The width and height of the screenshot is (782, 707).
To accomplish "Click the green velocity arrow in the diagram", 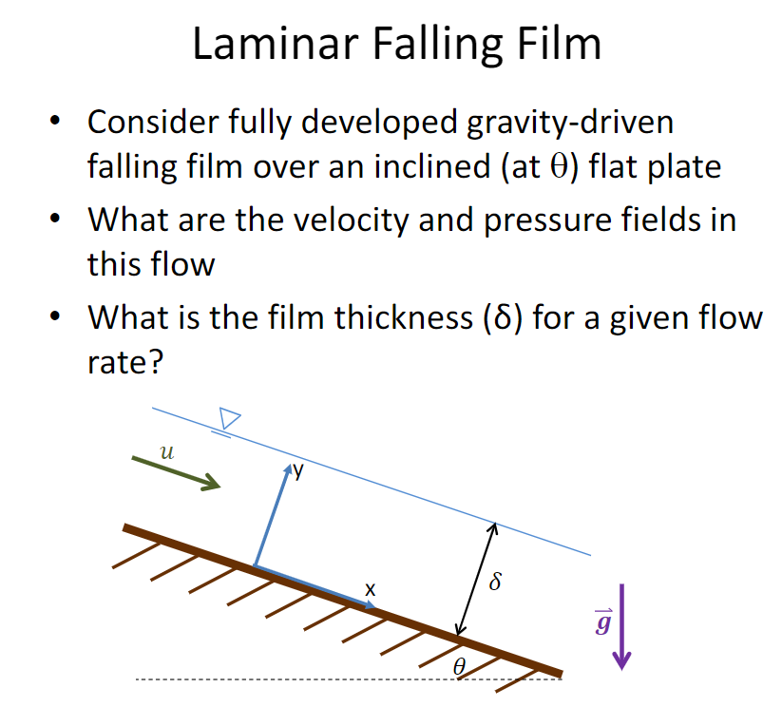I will [x=175, y=470].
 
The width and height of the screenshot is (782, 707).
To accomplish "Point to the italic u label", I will [x=167, y=452].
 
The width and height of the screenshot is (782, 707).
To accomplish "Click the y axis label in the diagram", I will [x=298, y=470].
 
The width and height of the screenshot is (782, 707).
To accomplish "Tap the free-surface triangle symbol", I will [x=229, y=417].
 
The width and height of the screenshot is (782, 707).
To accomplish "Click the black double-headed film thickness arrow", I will [x=476, y=579].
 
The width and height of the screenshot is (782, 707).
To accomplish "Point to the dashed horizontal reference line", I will [x=285, y=678].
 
